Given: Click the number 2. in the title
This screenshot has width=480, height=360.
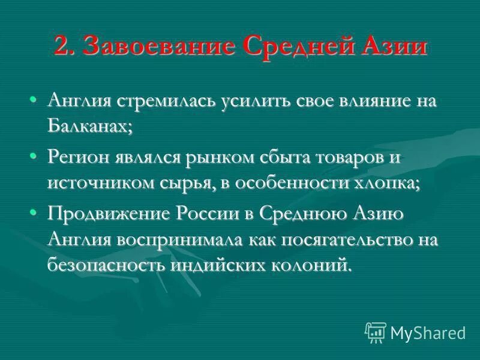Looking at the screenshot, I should (65, 46).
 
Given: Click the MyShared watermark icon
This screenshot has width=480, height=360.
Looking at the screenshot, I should (374, 332).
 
